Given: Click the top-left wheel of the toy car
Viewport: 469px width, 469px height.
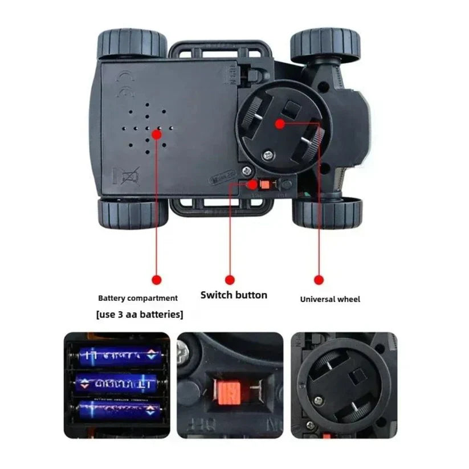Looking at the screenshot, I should [130, 46].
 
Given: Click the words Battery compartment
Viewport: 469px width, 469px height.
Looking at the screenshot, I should [138, 298].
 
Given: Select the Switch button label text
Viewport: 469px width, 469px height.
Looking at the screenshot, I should [234, 295].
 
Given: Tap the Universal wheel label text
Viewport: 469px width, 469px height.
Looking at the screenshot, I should [330, 299].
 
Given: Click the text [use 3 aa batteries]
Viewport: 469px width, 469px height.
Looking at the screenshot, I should [140, 314].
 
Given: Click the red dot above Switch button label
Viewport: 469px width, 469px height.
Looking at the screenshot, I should [230, 280].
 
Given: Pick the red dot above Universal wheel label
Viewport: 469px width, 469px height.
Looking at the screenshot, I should [319, 280].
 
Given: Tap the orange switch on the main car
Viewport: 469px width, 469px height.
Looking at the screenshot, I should [265, 185].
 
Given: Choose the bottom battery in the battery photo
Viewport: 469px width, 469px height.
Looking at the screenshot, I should [116, 409].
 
